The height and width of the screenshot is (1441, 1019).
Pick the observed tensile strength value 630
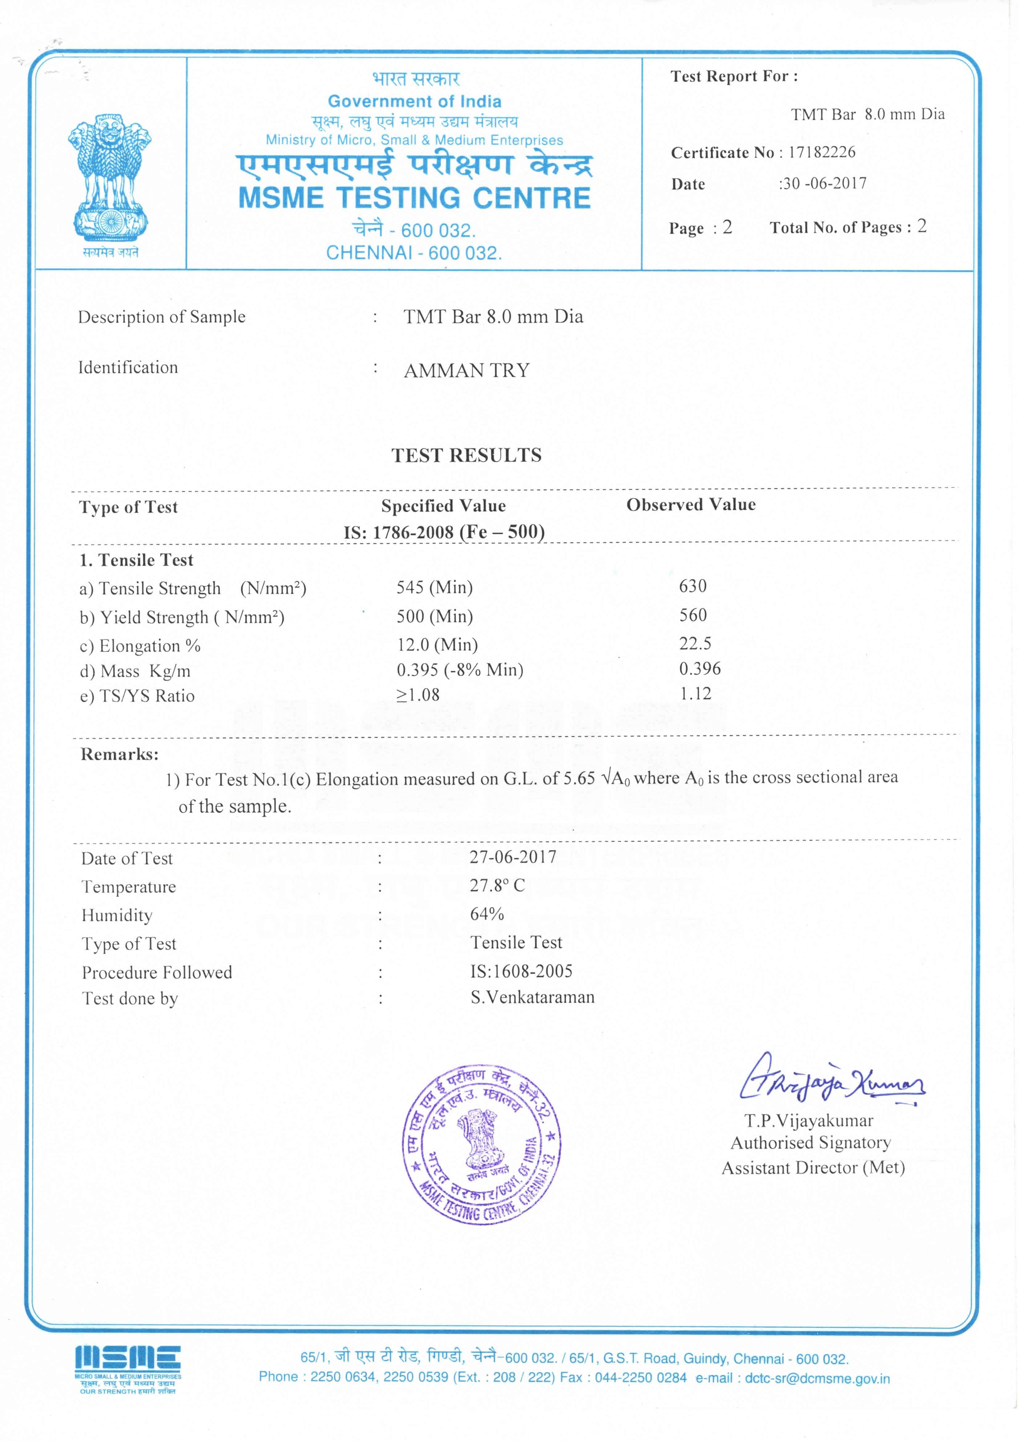[x=692, y=586]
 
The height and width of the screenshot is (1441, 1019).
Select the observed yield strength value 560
[x=692, y=615]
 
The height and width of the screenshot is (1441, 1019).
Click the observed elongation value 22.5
[x=695, y=643]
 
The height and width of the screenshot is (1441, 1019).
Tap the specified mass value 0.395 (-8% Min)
[x=460, y=670]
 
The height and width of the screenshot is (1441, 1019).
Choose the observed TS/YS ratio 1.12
[x=695, y=694]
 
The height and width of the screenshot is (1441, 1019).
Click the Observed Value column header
[x=691, y=504]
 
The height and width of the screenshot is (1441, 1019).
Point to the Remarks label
[x=119, y=755]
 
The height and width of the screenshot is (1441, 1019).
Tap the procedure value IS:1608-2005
[x=521, y=972]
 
